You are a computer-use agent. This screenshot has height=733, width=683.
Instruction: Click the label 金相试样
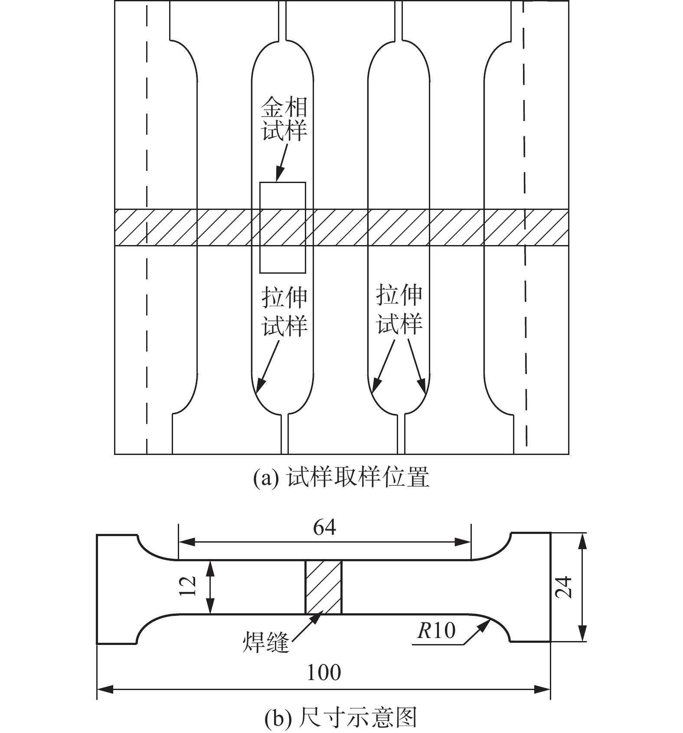284,118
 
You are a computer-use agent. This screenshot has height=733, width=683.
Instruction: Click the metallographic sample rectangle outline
260,228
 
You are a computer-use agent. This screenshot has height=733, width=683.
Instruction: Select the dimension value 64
325,527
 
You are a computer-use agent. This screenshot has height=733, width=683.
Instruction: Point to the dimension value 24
564,588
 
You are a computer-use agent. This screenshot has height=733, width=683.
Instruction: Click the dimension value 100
324,673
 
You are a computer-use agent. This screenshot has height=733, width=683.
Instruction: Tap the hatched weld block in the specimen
324,587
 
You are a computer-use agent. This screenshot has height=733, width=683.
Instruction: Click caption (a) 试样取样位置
341,478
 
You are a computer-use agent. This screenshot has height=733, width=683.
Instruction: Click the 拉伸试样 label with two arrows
399,309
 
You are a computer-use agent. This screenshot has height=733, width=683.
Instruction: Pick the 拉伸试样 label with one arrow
284,311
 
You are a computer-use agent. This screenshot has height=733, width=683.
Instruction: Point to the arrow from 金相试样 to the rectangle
282,163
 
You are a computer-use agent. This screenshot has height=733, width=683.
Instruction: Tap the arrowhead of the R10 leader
484,624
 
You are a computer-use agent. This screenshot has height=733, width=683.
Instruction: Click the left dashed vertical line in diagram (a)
147,227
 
